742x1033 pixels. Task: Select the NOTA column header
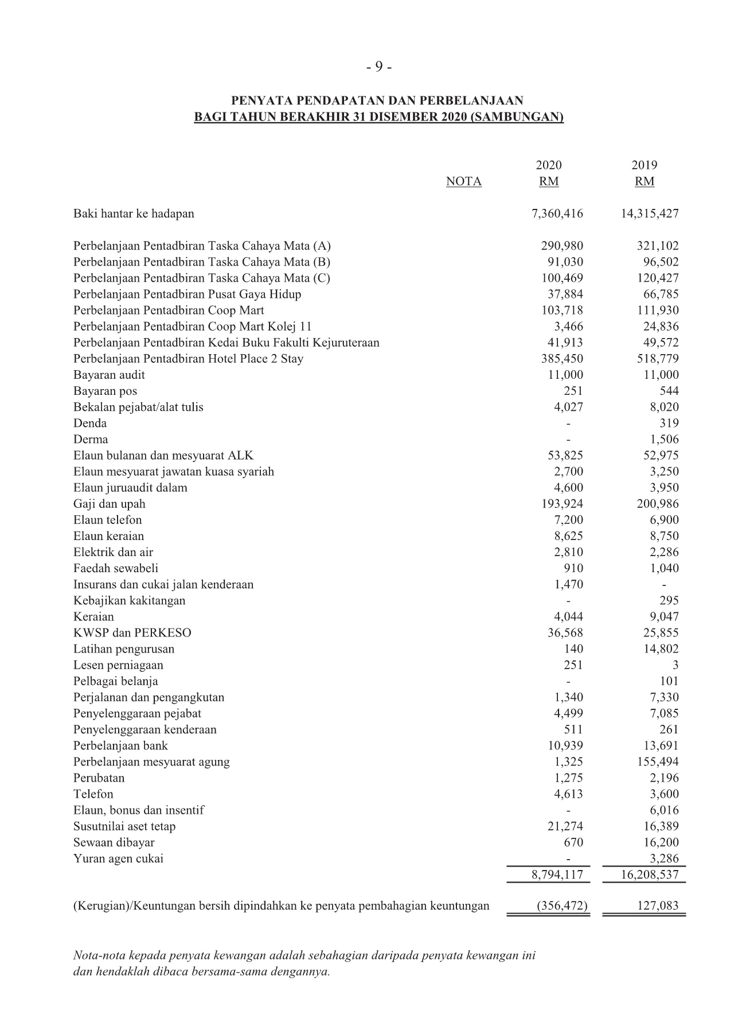tap(463, 182)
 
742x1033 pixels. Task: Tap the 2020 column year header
tap(548, 165)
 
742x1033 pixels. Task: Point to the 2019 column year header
tap(644, 165)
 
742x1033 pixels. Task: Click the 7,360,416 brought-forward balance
tap(557, 214)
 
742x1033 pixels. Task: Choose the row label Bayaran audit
tap(109, 375)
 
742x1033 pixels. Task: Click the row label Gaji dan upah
tap(109, 504)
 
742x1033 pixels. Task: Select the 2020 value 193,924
tap(562, 504)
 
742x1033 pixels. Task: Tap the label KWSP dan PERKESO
tap(132, 633)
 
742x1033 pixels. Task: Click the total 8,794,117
tap(557, 875)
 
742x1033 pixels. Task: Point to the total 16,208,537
tap(650, 875)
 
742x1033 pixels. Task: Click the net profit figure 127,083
tap(657, 906)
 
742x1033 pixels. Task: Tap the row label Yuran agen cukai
tap(118, 859)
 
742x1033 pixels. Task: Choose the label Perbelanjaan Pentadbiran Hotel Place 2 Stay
tap(188, 359)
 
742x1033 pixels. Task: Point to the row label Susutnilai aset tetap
tap(124, 826)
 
